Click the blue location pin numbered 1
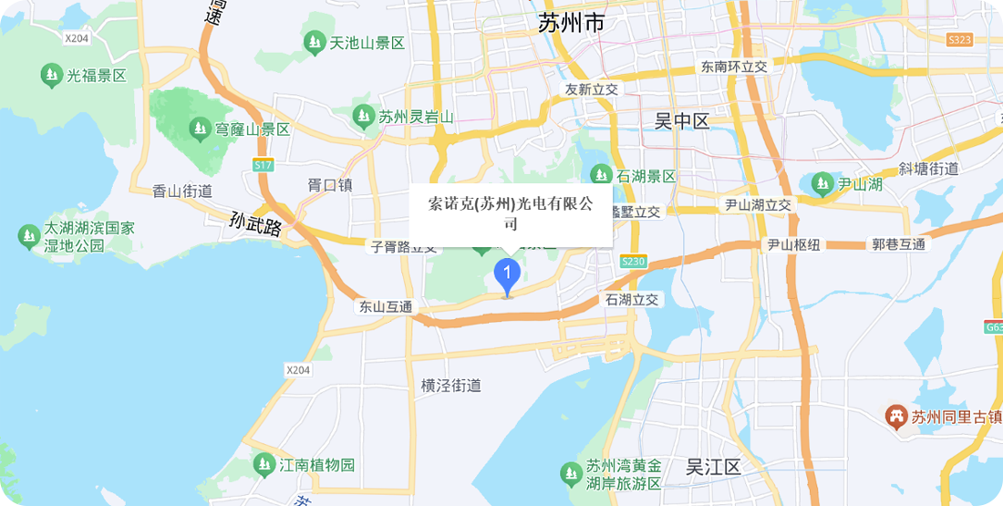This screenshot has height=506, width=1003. click(x=507, y=274)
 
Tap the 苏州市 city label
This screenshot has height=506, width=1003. click(x=571, y=23)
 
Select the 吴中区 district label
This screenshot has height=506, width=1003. click(x=681, y=121)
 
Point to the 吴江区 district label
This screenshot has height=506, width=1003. click(x=712, y=468)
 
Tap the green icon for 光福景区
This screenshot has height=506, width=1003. click(x=52, y=76)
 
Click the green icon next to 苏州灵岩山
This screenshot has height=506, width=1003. click(x=364, y=116)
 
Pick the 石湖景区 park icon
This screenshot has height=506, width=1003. click(x=601, y=174)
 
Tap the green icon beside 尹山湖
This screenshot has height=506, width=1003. click(x=822, y=184)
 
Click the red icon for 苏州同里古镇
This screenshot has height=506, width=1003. click(x=896, y=417)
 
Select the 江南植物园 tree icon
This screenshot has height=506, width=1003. click(x=264, y=464)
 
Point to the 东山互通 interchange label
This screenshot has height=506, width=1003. click(x=386, y=307)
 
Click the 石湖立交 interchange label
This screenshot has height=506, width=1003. click(x=632, y=299)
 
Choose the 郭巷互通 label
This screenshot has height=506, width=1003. click(x=898, y=244)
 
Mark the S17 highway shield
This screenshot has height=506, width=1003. click(x=263, y=165)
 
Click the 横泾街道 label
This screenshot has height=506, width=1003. click(x=450, y=386)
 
